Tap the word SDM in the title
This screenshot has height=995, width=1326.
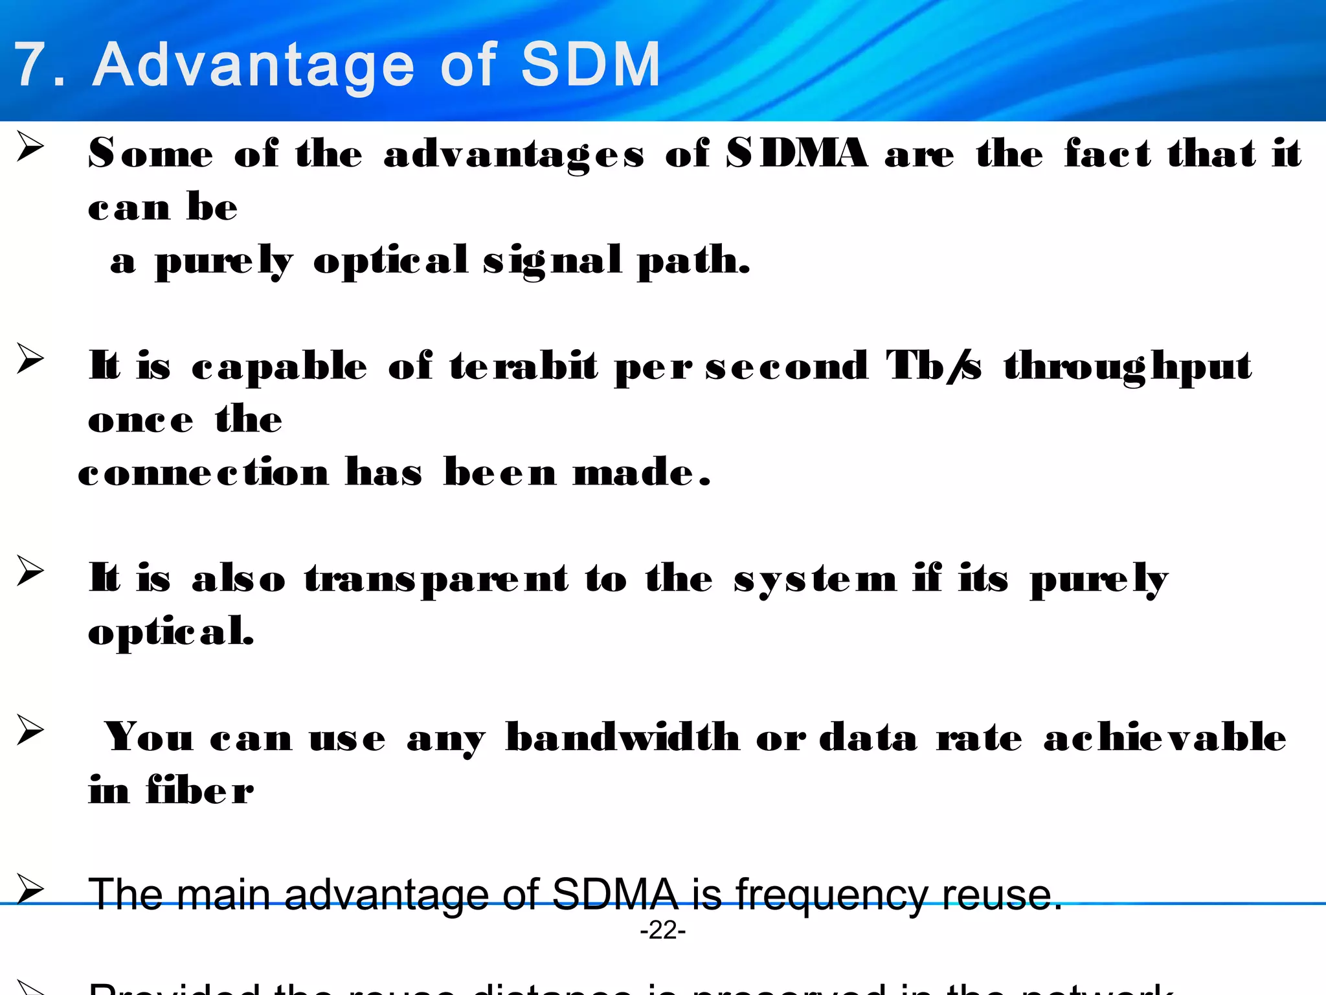point(590,64)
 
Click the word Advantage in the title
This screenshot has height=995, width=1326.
point(253,65)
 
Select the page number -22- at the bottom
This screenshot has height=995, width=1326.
point(662,930)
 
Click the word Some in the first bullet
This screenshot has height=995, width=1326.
point(150,154)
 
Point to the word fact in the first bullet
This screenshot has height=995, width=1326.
point(1107,154)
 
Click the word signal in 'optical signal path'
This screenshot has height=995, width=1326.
point(552,261)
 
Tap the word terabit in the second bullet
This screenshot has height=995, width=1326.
point(523,366)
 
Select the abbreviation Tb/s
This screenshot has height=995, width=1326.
point(933,366)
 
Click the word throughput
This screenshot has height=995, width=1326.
point(1127,367)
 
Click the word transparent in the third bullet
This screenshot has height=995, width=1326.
point(436,579)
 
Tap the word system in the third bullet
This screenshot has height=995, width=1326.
point(815,578)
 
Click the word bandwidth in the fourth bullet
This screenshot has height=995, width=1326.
point(622,737)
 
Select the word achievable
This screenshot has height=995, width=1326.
point(1164,737)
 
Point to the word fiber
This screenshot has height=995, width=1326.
point(200,790)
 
